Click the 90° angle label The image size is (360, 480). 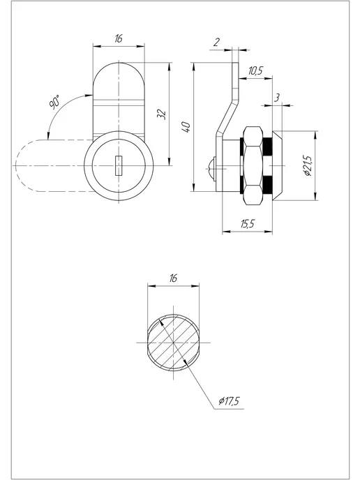tap(55, 102)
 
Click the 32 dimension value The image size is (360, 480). tap(162, 114)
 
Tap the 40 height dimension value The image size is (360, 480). tap(186, 127)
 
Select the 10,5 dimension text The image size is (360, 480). tap(255, 70)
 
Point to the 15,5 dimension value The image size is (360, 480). tap(248, 224)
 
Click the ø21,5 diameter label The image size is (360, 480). tap(308, 165)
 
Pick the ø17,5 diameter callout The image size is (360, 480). tap(229, 400)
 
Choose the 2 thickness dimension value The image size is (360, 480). tap(216, 43)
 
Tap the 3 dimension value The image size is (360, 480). tap(277, 98)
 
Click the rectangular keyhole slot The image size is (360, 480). tap(119, 165)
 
